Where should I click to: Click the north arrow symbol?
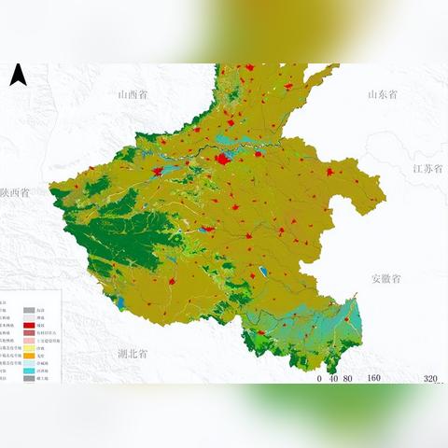(x=17, y=77)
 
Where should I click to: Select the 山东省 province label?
(x=383, y=94)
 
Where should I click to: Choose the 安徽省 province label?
(x=385, y=278)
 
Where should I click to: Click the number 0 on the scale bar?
(x=319, y=379)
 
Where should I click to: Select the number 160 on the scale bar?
(x=373, y=379)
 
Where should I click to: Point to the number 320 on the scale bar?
(x=430, y=379)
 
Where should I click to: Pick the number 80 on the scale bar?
(x=348, y=379)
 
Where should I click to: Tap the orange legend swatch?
(x=30, y=356)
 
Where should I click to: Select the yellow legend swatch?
(x=30, y=347)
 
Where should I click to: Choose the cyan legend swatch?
(x=30, y=371)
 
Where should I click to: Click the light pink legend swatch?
(x=30, y=340)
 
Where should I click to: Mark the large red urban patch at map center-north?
(x=223, y=160)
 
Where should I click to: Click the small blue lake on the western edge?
(x=120, y=302)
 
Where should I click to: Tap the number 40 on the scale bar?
(x=333, y=379)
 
